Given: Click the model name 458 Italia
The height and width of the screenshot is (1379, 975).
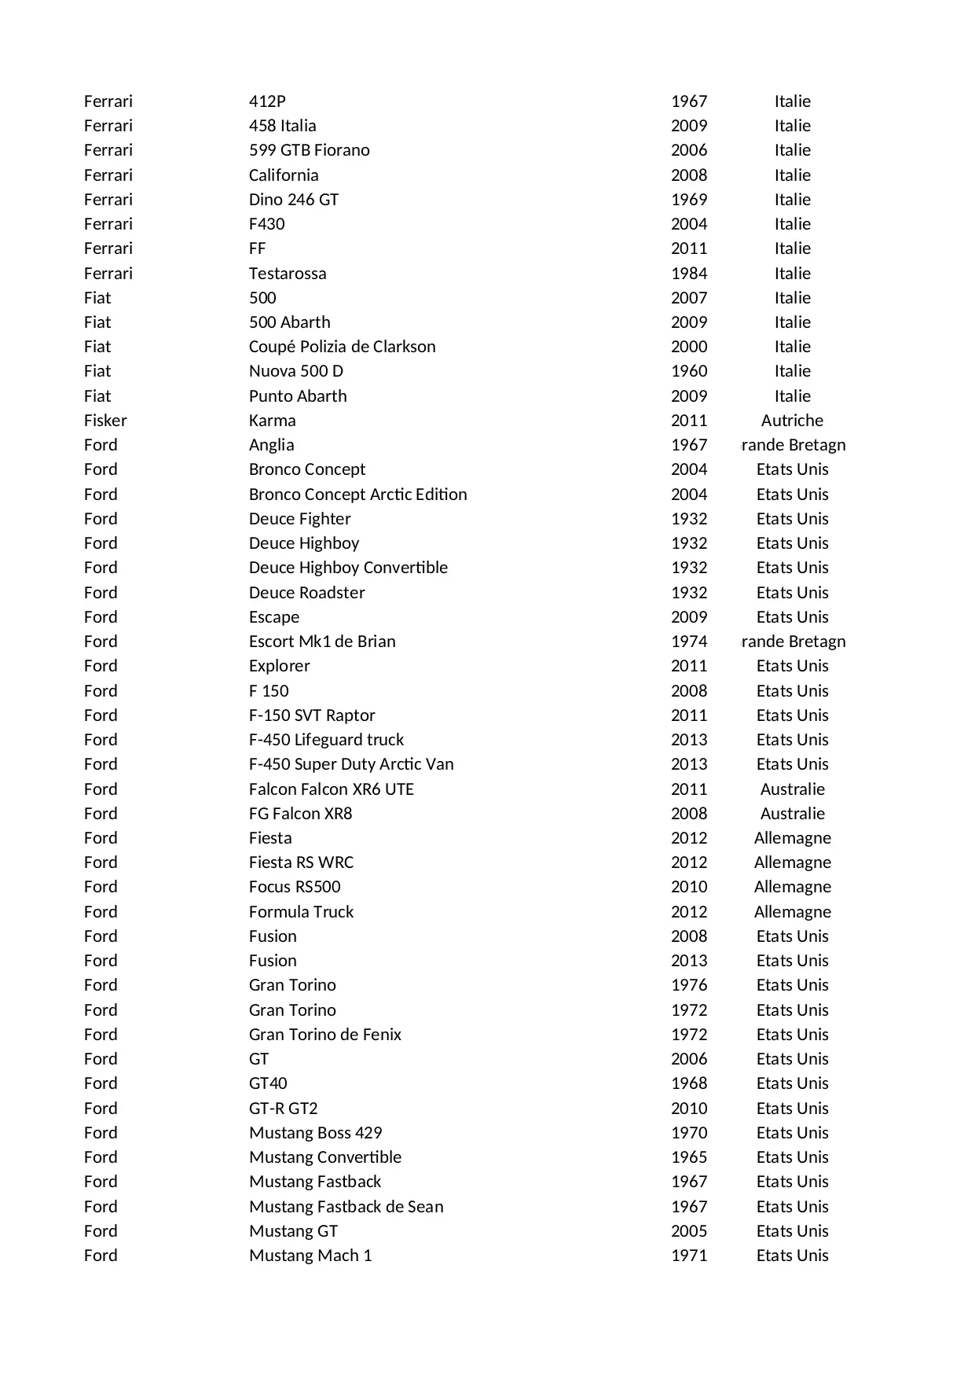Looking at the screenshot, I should pos(282,126).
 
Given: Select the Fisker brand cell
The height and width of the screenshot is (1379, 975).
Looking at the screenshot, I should pos(105,421).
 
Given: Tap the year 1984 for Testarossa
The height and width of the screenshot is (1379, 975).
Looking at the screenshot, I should pos(688,274).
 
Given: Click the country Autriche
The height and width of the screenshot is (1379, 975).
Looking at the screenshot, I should pos(792,421).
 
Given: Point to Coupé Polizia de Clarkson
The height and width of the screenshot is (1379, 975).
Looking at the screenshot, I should pos(342,347).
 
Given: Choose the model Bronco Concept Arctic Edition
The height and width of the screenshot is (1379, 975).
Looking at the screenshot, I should pos(357,495).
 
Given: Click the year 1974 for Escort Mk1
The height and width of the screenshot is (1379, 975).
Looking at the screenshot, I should pos(688,642).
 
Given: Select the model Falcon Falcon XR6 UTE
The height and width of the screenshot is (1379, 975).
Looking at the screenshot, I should pos(331,789).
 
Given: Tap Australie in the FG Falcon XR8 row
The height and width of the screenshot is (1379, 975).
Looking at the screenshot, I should pos(792,814).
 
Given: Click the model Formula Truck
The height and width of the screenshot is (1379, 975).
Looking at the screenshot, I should pos(301,912).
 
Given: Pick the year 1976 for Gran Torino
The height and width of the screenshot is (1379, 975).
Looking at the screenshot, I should pos(688,985).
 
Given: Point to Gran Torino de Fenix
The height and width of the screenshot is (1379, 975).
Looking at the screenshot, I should pos(324,1035).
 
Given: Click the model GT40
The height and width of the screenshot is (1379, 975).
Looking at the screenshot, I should pos(268,1083).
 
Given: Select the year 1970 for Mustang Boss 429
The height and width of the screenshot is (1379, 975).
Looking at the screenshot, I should pos(688,1133).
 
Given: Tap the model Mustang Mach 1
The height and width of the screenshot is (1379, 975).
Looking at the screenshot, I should pos(310,1256).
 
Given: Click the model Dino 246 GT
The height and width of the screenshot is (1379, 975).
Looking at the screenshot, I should pos(293,200).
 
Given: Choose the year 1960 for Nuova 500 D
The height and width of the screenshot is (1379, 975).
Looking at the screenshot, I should pos(688,371).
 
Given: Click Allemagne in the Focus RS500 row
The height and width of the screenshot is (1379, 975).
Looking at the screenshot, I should pos(792,887).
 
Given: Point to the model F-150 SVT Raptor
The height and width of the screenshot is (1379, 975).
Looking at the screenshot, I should pos(312,715).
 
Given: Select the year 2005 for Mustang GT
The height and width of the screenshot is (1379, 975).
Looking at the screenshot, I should pos(688,1231).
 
